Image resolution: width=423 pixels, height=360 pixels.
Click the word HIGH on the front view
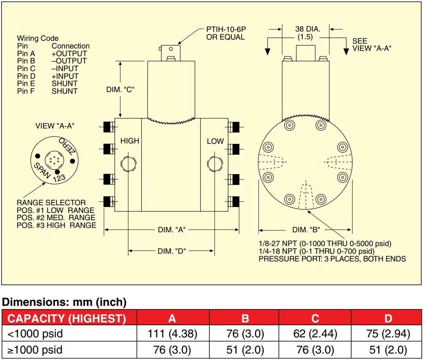click(x=129, y=141)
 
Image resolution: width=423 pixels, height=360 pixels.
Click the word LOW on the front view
click(x=215, y=141)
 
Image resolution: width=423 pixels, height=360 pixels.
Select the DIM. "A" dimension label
click(x=171, y=230)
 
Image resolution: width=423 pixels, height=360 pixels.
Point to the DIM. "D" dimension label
click(x=171, y=251)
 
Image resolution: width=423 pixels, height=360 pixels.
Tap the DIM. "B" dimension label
click(x=306, y=230)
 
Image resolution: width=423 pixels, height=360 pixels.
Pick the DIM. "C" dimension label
click(x=121, y=89)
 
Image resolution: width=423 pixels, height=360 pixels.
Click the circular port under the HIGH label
click(x=128, y=164)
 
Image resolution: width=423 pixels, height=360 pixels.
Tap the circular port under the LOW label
click(x=214, y=164)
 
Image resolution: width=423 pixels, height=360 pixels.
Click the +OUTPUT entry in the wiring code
click(x=69, y=53)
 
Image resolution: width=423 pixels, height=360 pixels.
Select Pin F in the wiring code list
click(x=26, y=91)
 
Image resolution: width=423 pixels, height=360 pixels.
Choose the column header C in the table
click(x=315, y=318)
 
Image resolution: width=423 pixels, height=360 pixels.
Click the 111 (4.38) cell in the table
click(x=173, y=334)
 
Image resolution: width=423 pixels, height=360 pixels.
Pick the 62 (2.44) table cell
click(x=315, y=334)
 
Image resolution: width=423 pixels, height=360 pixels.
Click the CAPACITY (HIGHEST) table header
click(x=67, y=318)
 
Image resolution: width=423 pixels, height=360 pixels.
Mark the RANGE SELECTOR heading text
click(x=51, y=202)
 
